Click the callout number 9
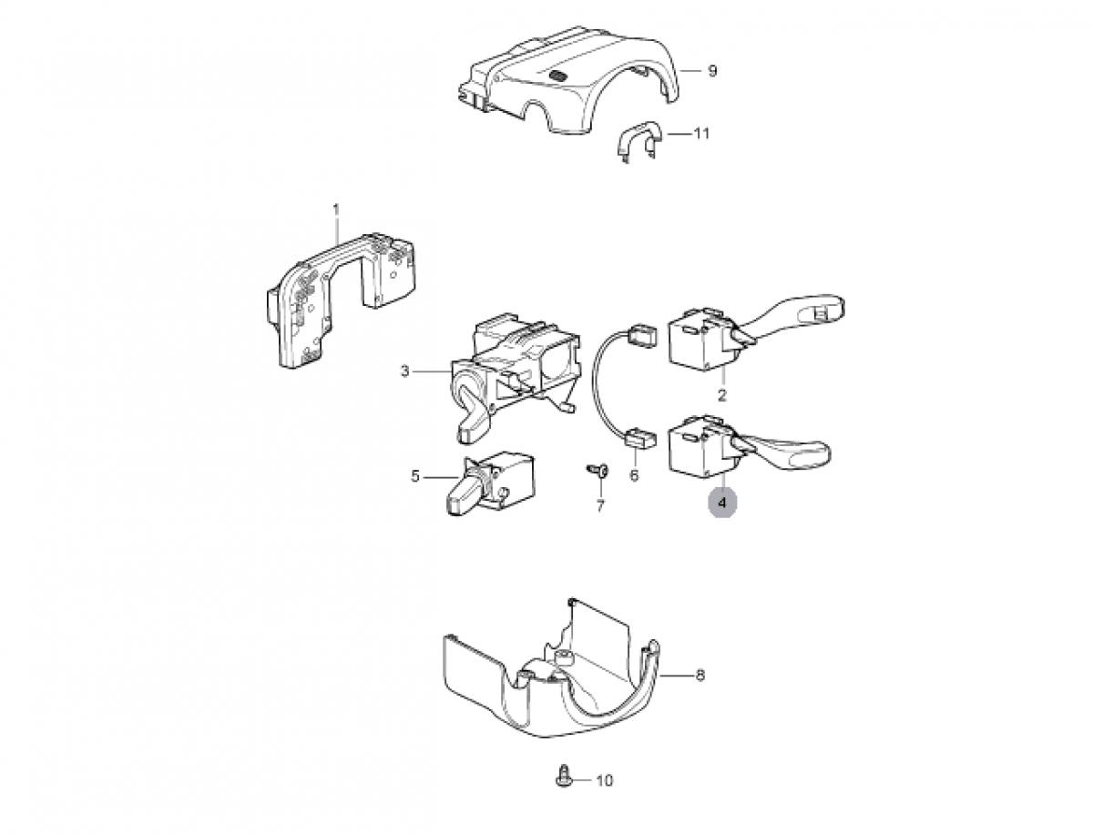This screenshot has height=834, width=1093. (712, 71)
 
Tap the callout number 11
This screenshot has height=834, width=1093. (701, 134)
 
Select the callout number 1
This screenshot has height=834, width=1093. (336, 209)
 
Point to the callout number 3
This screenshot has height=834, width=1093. (404, 371)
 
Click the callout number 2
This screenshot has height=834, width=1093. (722, 395)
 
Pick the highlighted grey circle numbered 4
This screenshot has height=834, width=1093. (722, 503)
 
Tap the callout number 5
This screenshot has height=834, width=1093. (415, 477)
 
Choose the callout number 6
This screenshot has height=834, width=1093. (634, 475)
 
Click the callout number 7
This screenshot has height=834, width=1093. (600, 506)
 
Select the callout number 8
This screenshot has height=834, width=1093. (700, 676)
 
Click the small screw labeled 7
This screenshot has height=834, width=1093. (598, 469)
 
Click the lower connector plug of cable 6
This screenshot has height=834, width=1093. (638, 437)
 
